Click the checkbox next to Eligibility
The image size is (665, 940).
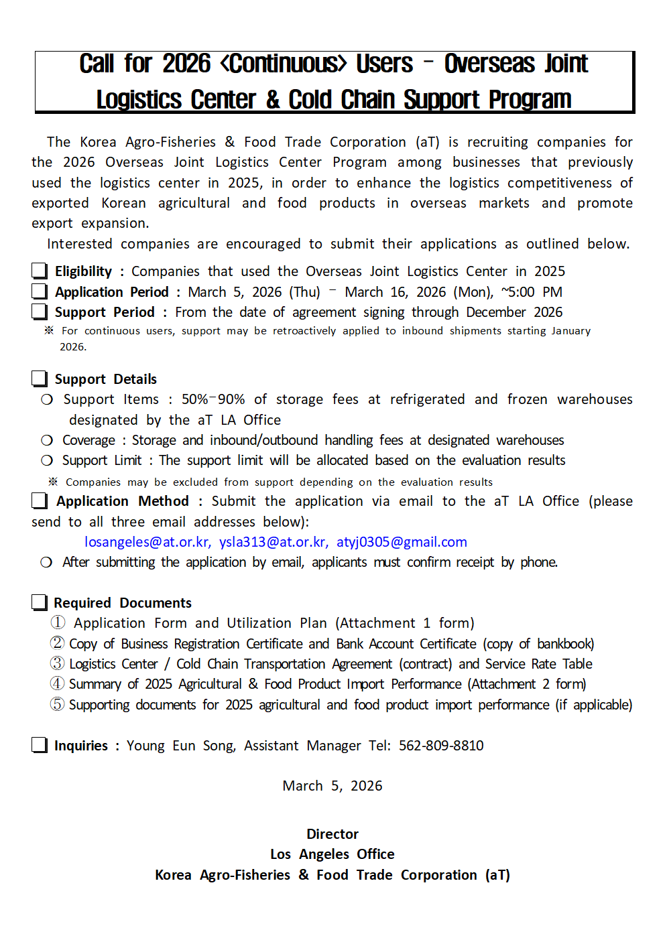click(40, 271)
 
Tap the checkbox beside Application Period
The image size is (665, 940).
click(40, 291)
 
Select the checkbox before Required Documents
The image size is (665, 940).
click(40, 602)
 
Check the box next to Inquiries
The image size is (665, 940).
click(40, 745)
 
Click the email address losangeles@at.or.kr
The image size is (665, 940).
click(147, 542)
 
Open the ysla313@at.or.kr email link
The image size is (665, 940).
click(274, 542)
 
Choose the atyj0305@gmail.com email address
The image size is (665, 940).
click(402, 542)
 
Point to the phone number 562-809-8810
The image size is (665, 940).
click(441, 746)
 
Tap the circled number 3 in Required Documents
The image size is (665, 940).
click(58, 663)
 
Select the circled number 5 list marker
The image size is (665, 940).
click(58, 704)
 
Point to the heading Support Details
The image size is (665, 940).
click(106, 379)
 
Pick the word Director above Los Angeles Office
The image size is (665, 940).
click(332, 834)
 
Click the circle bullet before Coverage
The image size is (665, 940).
click(47, 440)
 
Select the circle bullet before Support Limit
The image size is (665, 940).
click(47, 460)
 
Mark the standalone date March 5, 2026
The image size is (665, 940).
click(332, 786)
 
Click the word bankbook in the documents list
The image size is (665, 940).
click(564, 644)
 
